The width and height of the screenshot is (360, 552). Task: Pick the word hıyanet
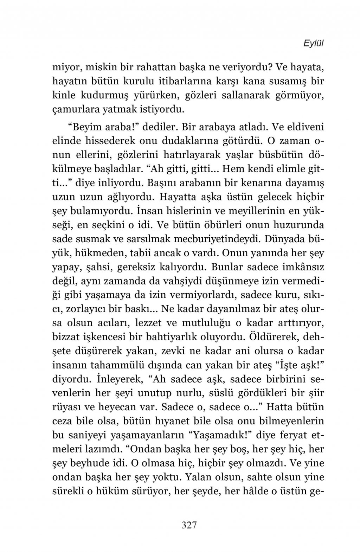[171, 421]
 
